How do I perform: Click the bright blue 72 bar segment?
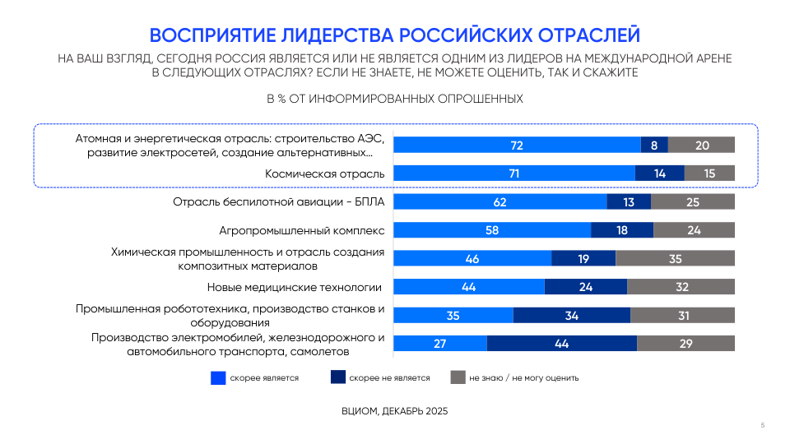(517, 145)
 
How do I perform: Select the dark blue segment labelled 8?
(654, 145)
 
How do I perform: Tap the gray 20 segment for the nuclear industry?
(701, 145)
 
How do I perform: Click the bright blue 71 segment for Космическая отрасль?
(514, 173)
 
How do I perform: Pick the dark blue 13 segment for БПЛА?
(629, 202)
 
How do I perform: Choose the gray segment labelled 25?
(693, 202)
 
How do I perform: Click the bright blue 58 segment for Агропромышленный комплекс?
(492, 230)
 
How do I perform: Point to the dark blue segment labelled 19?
(583, 258)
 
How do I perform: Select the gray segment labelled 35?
(675, 258)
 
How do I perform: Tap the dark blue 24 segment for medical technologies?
(586, 287)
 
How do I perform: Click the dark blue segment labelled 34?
(572, 316)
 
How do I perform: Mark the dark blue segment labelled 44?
(562, 344)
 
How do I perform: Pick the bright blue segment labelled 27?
(440, 344)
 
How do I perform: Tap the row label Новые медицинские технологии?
(295, 287)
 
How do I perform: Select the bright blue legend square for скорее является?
(218, 378)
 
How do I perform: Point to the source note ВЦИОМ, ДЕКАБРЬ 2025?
(395, 410)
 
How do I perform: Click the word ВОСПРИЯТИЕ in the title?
(211, 35)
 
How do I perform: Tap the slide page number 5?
(763, 425)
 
